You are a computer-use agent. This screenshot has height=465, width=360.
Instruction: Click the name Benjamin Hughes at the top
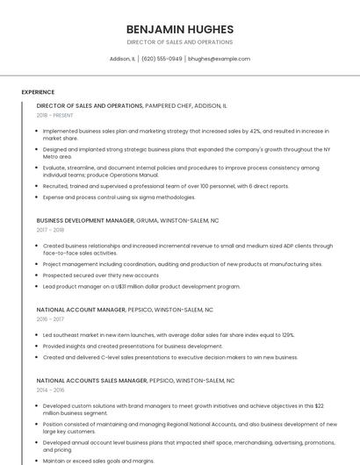point(179,29)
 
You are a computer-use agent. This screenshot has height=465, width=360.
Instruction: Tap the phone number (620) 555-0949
point(162,59)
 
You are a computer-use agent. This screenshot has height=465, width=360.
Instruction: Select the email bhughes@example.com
point(220,59)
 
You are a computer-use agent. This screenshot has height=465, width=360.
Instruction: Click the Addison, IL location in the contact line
point(122,59)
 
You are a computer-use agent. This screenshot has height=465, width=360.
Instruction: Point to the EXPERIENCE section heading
point(38,91)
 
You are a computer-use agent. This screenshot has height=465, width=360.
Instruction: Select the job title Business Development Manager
point(86,221)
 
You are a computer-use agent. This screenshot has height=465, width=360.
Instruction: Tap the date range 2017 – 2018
point(50,230)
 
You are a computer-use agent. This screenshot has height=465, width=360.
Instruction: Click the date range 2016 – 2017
point(50,319)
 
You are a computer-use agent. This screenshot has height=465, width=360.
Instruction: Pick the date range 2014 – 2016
point(50,390)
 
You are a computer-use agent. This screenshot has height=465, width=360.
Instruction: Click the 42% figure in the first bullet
point(256,131)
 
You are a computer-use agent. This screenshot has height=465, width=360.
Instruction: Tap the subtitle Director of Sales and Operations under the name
point(179,41)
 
